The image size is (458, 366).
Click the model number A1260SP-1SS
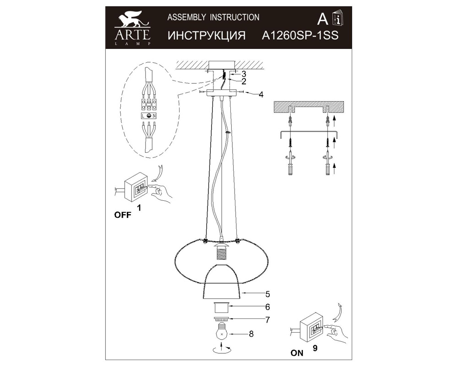coord(300,36)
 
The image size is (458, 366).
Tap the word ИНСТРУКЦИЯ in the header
coord(204,36)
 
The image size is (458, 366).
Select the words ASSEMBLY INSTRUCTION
coord(213,17)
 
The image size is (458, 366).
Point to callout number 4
coord(261,95)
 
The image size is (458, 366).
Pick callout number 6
coord(267,307)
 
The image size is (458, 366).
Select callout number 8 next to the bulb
coord(251,334)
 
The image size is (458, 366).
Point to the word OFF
coord(122,215)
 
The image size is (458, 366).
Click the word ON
coord(297,353)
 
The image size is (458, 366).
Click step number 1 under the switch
coord(139,208)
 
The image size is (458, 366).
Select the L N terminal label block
coord(148,117)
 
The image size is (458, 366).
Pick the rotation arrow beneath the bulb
coord(222,350)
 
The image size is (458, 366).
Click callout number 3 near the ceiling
coord(244,74)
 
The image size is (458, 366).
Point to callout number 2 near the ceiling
coord(244,81)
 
